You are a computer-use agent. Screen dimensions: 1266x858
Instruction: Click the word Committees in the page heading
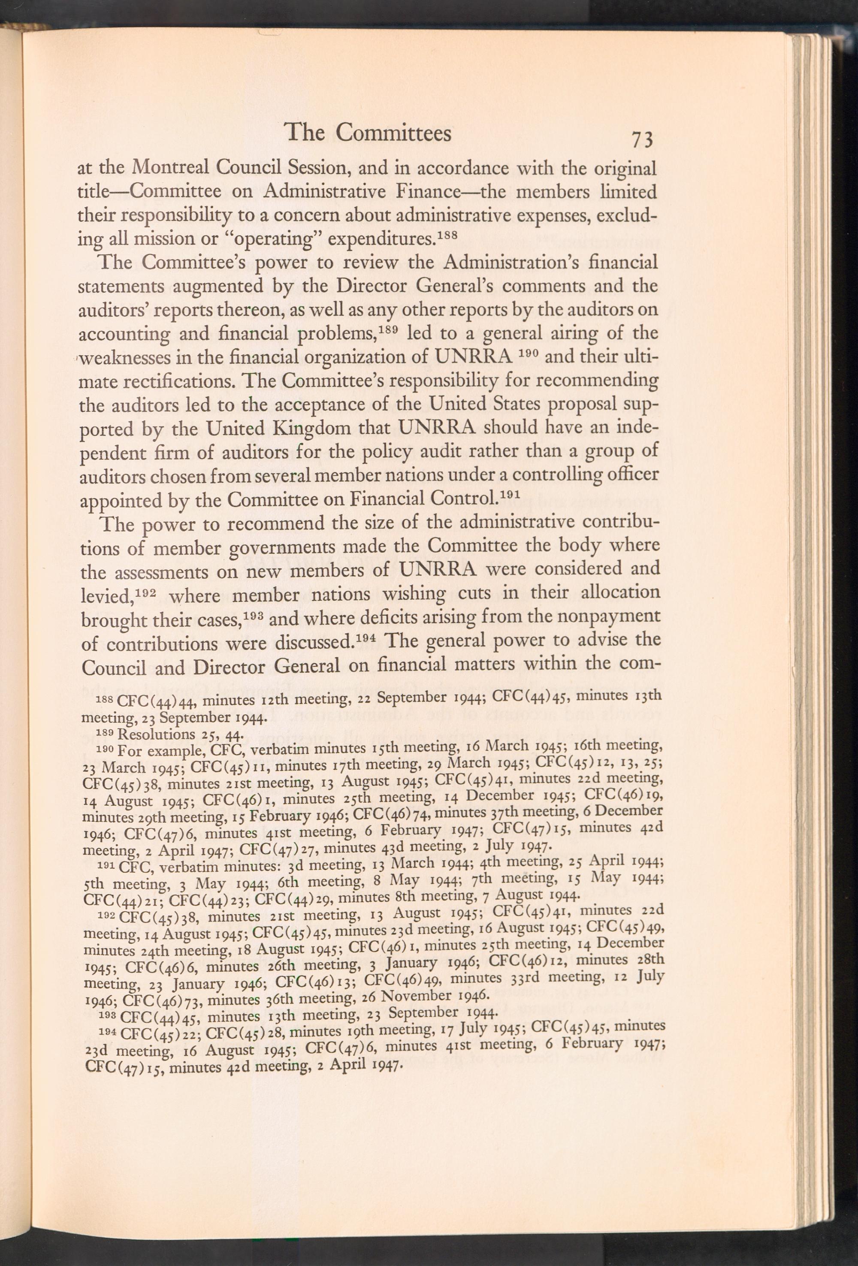click(393, 133)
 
